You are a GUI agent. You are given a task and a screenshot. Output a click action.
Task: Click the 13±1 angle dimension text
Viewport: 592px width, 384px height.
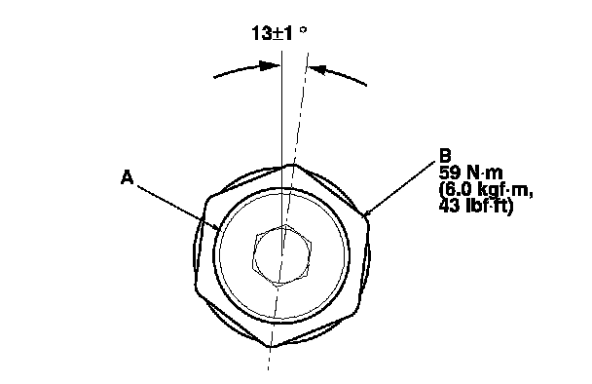tap(273, 33)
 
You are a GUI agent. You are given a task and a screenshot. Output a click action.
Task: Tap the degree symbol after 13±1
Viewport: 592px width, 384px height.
tap(303, 29)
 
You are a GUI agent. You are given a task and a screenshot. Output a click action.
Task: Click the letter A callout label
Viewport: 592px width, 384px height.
tap(128, 176)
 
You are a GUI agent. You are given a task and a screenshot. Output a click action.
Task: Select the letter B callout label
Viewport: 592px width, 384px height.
tap(445, 156)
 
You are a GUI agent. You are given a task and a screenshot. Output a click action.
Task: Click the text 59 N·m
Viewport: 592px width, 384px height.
tap(471, 173)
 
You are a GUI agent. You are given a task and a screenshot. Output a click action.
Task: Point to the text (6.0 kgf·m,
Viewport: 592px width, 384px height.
tap(486, 190)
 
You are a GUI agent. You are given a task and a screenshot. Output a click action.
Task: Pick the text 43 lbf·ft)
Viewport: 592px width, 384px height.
tap(476, 207)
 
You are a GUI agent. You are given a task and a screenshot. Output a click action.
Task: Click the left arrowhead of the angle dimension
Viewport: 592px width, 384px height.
tap(270, 65)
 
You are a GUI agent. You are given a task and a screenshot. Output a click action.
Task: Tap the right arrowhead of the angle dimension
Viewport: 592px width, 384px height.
tap(316, 69)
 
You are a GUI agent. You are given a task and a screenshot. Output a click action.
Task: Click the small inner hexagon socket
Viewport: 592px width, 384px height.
tap(282, 255)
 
